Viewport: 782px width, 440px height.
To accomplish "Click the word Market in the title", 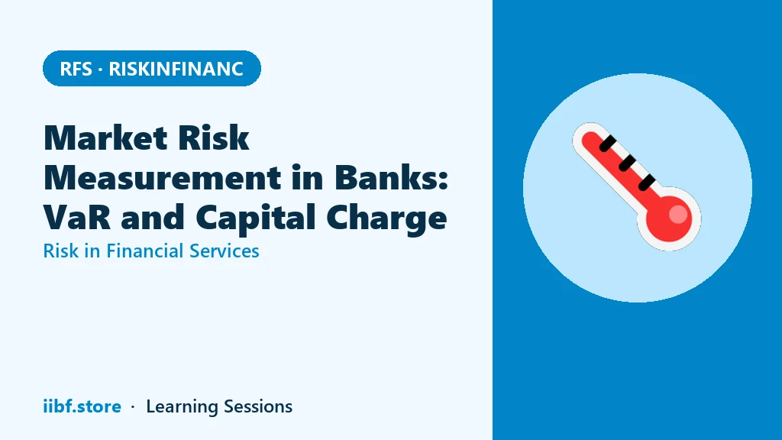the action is [x=105, y=137].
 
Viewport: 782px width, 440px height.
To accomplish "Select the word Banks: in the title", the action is [x=392, y=177].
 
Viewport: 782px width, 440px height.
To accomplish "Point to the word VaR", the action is [x=77, y=218].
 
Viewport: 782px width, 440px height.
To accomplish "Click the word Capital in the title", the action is [x=255, y=218].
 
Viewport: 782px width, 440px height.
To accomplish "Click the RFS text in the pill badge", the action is [x=76, y=69].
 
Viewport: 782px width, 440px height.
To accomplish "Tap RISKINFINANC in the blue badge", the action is [x=176, y=69].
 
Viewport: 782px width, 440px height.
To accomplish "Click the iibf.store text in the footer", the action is [x=82, y=406].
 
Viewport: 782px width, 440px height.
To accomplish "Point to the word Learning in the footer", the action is [x=182, y=407].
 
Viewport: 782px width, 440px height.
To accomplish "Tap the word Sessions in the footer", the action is [x=258, y=406].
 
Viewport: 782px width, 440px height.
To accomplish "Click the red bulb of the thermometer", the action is [x=669, y=219].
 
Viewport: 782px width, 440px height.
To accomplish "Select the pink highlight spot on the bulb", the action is [x=678, y=214].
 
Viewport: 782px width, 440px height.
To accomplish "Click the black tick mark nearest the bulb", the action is [x=647, y=182].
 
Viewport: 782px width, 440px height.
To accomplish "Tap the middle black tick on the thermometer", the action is [x=627, y=163].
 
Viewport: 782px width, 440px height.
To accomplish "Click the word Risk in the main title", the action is [x=214, y=137].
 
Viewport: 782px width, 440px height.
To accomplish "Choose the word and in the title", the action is [x=153, y=218].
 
